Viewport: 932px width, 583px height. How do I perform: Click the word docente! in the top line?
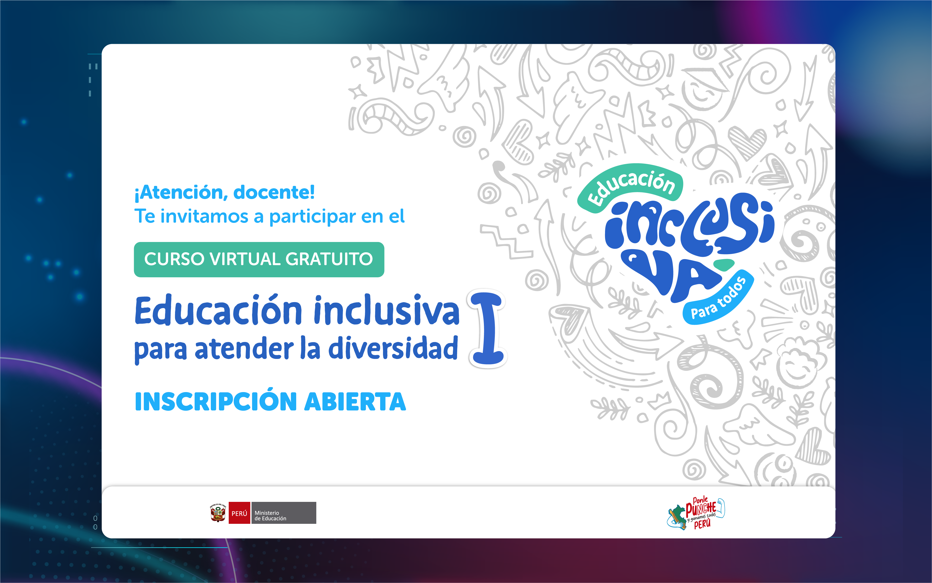pos(274,192)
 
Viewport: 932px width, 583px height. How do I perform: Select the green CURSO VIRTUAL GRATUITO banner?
pos(259,259)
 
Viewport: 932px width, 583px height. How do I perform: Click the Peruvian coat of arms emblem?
pos(218,513)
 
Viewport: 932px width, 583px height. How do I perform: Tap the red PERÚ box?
pos(239,513)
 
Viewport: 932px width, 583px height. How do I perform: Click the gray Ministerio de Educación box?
pos(284,513)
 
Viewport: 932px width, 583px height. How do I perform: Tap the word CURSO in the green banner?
pos(174,259)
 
